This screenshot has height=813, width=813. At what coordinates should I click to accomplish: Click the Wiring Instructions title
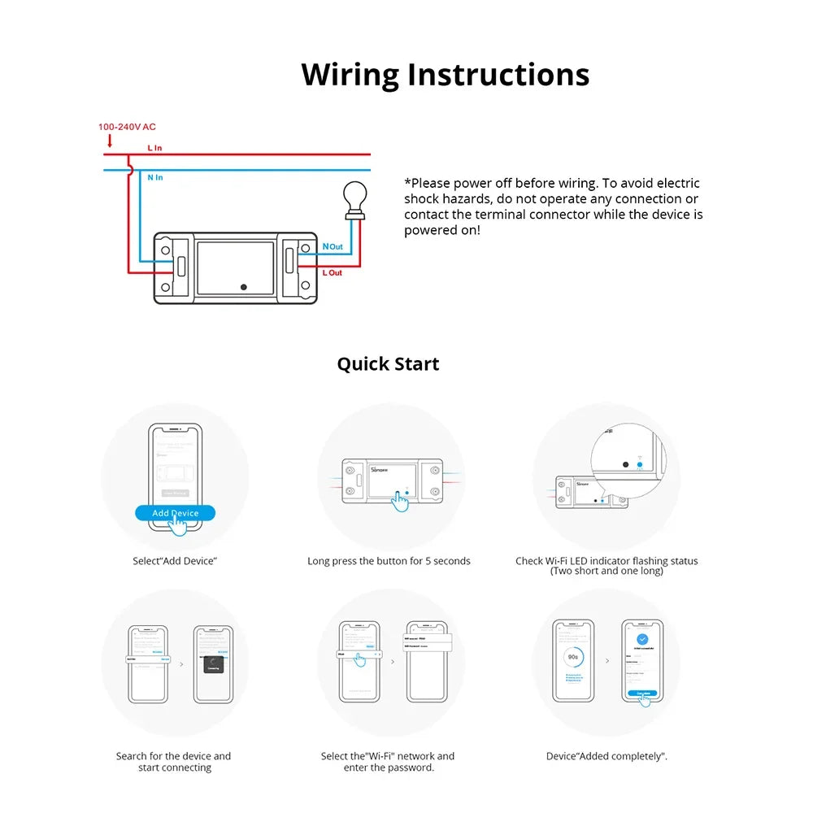pos(445,74)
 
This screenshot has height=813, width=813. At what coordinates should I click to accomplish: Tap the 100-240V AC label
pos(127,127)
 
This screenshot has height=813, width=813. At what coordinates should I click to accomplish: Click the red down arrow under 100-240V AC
pos(110,141)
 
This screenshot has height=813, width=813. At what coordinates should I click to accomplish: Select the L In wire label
pos(154,148)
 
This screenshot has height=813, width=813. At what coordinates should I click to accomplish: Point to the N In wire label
pos(154,177)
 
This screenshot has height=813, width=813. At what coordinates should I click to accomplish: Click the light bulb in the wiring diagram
pos(354,198)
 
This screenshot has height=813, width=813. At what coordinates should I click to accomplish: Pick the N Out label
pos(333,246)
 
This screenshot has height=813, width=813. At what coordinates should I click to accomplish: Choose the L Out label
pos(333,272)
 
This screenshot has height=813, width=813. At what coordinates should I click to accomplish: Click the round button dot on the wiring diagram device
pos(244,286)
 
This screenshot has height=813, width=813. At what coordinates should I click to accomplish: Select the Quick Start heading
pos(388,363)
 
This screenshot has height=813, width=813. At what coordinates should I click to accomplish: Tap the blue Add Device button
pos(175,513)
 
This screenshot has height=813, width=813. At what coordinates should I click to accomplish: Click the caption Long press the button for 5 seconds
pos(389,561)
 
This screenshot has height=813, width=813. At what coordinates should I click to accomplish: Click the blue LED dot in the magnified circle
pos(640,465)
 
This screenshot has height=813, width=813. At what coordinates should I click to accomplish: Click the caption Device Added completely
pos(606,756)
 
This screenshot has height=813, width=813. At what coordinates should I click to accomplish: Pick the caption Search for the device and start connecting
pos(174,762)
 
